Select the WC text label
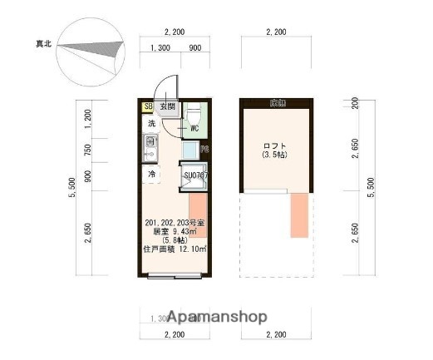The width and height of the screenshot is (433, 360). tap(194, 129)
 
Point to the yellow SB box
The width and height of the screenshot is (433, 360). tap(148, 106)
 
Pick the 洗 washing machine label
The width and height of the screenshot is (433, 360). tap(151, 123)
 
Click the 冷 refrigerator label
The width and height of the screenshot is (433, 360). tap(152, 175)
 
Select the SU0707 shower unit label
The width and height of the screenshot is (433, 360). tap(195, 175)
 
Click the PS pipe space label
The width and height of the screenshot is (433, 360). tap(204, 150)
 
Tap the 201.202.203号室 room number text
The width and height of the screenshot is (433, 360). tap(174, 223)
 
